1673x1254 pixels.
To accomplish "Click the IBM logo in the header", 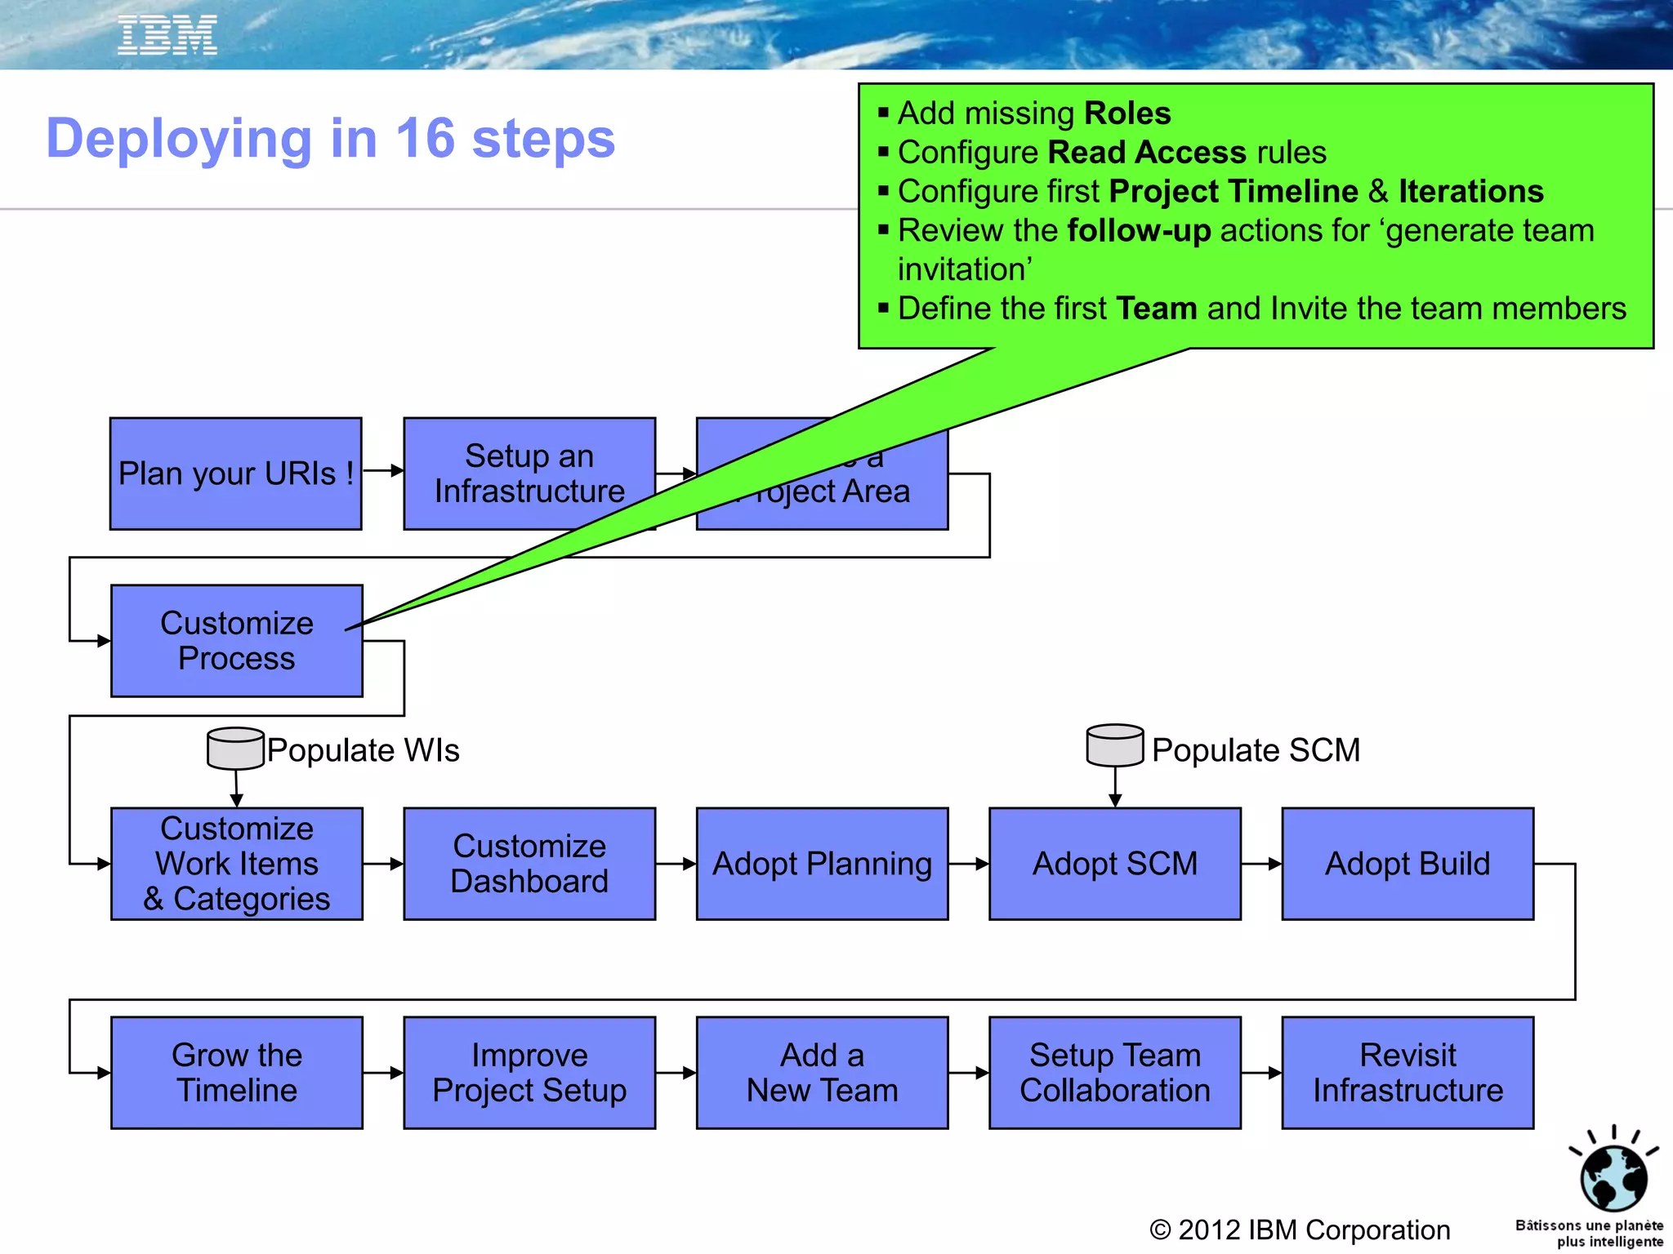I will click(x=167, y=35).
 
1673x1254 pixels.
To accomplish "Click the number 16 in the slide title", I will click(x=424, y=138).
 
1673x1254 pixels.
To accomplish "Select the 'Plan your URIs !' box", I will click(x=235, y=474).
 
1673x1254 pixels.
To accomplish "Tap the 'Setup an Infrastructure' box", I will click(x=529, y=474).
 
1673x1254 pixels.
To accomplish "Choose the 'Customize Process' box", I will click(x=236, y=641).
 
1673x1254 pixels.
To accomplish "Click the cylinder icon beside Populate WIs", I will click(x=235, y=748).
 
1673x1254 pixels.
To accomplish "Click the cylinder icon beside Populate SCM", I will click(x=1114, y=745).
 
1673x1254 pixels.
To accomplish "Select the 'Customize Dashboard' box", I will click(x=529, y=864).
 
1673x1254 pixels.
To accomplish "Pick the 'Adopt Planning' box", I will click(x=822, y=864).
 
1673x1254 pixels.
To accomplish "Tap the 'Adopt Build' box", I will click(x=1407, y=864).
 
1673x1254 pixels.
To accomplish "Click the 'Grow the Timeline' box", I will click(x=236, y=1073).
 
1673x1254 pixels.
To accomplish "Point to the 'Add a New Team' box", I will click(x=822, y=1073).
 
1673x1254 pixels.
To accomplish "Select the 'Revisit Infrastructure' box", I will click(x=1407, y=1073).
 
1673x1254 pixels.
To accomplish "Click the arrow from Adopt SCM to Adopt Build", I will click(x=1261, y=864).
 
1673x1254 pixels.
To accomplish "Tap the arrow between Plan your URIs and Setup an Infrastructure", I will click(x=382, y=470).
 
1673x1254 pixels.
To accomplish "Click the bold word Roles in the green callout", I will click(x=1126, y=113).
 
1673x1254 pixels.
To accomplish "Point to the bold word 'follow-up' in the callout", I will click(x=1139, y=231).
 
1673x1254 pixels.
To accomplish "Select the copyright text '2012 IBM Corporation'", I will click(x=1314, y=1230).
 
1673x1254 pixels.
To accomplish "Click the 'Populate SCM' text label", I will click(x=1256, y=749).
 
